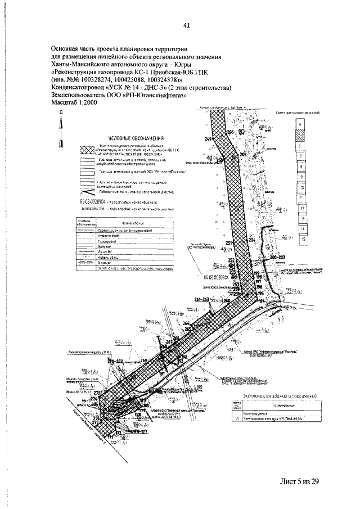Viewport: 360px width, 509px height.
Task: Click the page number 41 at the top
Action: coord(186,25)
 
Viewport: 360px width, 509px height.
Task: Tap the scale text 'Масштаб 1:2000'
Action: coord(74,103)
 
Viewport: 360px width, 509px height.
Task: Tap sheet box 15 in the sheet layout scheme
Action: coord(304,240)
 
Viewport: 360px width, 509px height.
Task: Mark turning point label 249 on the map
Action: coord(208,138)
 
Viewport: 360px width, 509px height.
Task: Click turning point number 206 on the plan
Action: coord(230,131)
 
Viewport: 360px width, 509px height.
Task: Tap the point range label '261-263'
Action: coord(201,299)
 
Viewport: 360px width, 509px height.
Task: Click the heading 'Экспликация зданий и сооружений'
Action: coord(271,397)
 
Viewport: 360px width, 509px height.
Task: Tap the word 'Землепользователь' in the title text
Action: coord(76,96)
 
